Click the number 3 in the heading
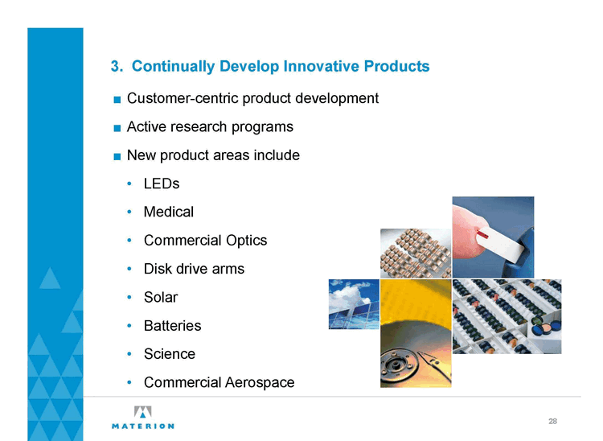pos(115,66)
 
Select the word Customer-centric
pos(183,98)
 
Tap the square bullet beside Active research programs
pos(117,128)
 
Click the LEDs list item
pos(162,183)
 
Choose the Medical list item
pos(169,212)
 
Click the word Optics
pos(247,240)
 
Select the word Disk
pos(158,269)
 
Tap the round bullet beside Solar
pos(129,297)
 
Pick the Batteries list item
pos(172,326)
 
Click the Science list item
pos(170,354)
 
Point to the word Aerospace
pos(260,382)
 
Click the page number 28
pos(552,422)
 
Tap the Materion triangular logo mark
pos(142,412)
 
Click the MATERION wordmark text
pos(142,426)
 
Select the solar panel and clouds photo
pos(354,304)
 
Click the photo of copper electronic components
pos(416,253)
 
